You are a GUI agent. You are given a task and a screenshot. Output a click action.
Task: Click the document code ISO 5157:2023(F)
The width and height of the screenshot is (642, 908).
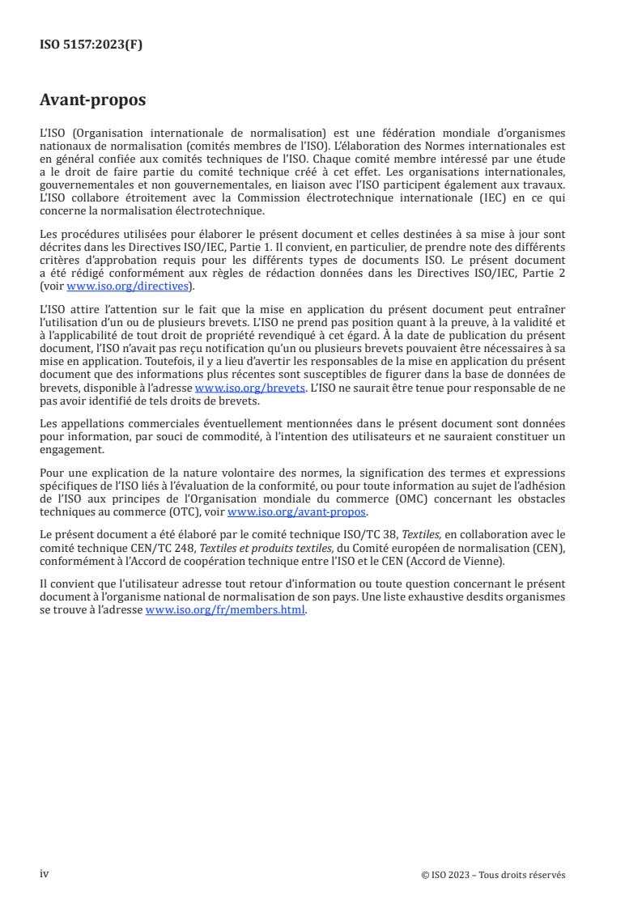click(x=91, y=45)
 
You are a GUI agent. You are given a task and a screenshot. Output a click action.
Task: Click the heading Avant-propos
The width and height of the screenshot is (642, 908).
click(x=93, y=100)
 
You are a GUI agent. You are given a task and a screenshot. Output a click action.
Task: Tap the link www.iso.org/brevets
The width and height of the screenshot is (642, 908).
click(x=250, y=388)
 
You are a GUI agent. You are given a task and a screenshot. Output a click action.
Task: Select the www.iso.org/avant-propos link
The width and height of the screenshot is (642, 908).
click(x=297, y=512)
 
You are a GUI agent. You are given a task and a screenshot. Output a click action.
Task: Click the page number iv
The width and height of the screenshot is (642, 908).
click(x=45, y=874)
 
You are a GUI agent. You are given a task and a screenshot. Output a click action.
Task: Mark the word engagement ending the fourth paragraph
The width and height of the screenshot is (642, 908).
click(x=70, y=451)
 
